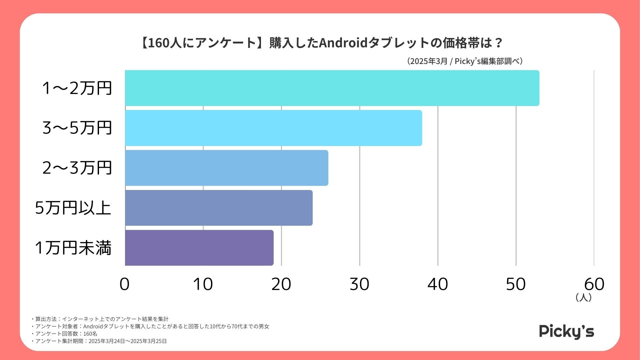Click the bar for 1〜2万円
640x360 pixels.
pyautogui.click(x=332, y=88)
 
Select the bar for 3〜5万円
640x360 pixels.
pyautogui.click(x=273, y=128)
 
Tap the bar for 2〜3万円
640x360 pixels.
pyautogui.click(x=227, y=168)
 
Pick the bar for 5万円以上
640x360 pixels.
pyautogui.click(x=219, y=208)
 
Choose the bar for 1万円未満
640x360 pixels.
pyautogui.click(x=199, y=248)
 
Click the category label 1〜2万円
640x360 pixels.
pyautogui.click(x=77, y=88)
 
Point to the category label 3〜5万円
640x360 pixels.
pyautogui.click(x=77, y=128)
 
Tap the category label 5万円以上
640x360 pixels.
pyautogui.click(x=73, y=208)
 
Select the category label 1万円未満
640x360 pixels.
pyautogui.click(x=73, y=248)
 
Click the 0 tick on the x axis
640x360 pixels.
pyautogui.click(x=125, y=284)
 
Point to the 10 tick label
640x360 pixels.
pyautogui.click(x=203, y=284)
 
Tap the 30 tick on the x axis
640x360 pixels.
pyautogui.click(x=359, y=284)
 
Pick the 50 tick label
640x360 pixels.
pyautogui.click(x=516, y=284)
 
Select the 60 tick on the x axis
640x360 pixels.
pyautogui.click(x=594, y=284)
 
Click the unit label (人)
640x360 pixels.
pyautogui.click(x=583, y=297)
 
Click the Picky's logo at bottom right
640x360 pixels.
pyautogui.click(x=566, y=332)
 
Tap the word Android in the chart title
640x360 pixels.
pyautogui.click(x=343, y=43)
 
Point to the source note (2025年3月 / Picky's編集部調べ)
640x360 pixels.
pyautogui.click(x=465, y=61)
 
